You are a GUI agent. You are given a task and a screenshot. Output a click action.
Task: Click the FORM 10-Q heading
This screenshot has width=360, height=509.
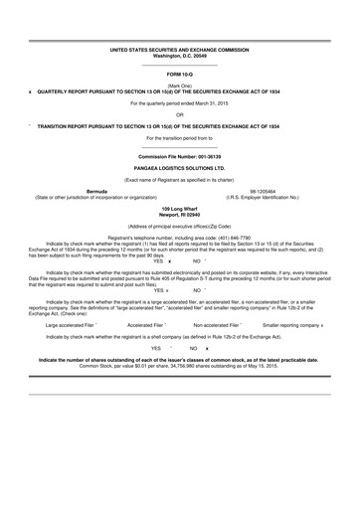pos(180,75)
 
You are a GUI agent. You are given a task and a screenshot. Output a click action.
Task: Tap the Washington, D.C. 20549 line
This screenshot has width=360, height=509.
pos(180,55)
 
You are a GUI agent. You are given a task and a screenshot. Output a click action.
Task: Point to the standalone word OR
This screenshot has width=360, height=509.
pos(180,114)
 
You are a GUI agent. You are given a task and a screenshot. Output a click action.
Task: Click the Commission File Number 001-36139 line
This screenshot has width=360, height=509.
pos(180,157)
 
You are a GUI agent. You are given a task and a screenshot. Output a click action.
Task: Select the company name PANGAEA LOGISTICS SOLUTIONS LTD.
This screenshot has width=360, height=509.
pos(180,169)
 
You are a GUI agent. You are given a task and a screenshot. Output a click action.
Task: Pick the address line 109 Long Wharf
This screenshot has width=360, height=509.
pos(180,208)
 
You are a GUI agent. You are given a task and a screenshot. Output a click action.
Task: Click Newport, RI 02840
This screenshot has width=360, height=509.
pos(180,214)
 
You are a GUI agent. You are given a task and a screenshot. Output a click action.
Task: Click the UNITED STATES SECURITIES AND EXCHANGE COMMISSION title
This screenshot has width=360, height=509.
pos(180,49)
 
